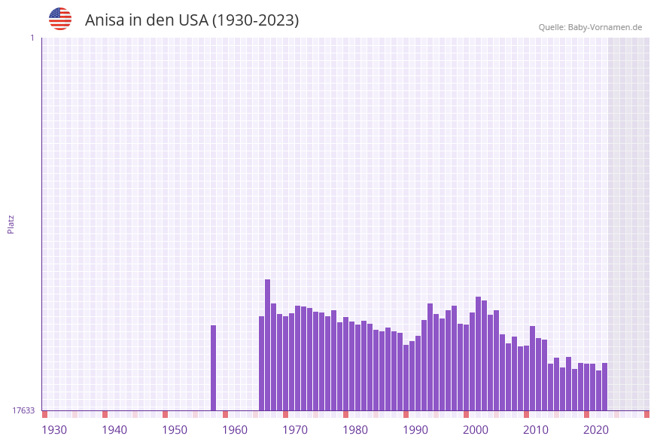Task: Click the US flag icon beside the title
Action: click(x=60, y=19)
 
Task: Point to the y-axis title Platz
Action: click(x=11, y=224)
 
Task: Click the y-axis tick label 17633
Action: click(x=23, y=410)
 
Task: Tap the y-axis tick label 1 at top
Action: click(x=32, y=38)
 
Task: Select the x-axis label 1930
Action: click(x=54, y=430)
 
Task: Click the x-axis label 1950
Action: click(x=175, y=430)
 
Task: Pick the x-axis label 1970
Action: click(x=295, y=430)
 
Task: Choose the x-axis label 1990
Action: click(x=415, y=430)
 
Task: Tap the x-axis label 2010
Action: click(x=536, y=430)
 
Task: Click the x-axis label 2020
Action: click(x=596, y=430)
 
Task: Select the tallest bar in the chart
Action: click(x=267, y=345)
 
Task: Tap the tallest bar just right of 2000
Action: click(x=478, y=353)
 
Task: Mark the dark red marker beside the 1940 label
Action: click(x=105, y=414)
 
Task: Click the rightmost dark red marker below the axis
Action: click(x=646, y=414)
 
